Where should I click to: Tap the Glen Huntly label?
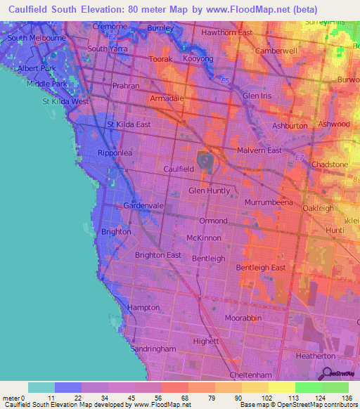coord(210,190)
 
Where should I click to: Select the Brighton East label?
coord(158,255)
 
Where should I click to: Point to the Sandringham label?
coord(153,349)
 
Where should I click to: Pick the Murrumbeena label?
coord(269,202)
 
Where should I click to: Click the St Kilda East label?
coord(129,124)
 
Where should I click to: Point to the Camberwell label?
coord(277,51)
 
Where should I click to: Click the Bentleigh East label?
coord(260,268)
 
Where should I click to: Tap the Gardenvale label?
coord(143,205)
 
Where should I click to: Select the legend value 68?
coord(175,398)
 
